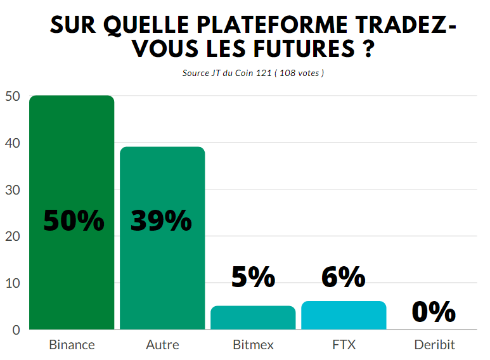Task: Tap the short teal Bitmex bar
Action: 253,318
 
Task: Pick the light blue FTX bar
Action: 344,315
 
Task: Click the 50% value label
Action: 74,221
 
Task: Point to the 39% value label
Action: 162,221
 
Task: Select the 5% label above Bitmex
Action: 253,278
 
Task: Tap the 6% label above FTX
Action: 344,278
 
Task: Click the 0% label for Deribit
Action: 434,312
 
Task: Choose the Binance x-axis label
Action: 72,345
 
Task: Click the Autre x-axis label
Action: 162,345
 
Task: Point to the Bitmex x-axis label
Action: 253,345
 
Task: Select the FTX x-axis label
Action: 344,345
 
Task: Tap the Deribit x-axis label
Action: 434,345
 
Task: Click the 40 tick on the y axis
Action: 13,143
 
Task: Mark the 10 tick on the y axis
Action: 13,283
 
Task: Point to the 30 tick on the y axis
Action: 13,190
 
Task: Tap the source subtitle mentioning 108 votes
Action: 253,73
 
